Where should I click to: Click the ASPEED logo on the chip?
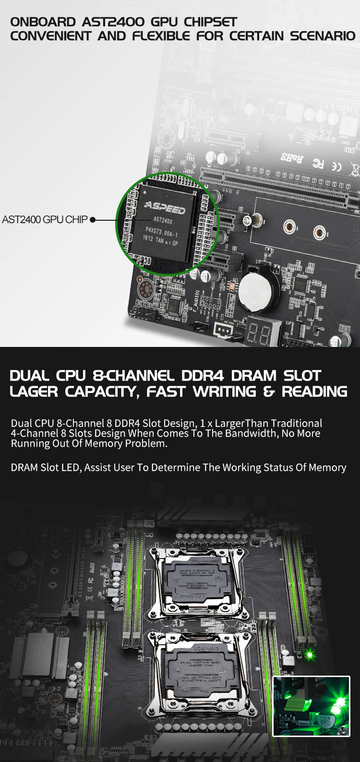coord(165,208)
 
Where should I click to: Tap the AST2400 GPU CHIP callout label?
coord(45,220)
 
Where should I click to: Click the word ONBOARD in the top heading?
coord(43,22)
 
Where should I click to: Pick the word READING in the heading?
coord(314,392)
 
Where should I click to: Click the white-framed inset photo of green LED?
coord(311,706)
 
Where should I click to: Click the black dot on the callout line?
coord(93,220)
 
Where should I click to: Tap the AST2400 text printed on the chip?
coord(163,220)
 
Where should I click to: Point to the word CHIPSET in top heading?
coord(210,22)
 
